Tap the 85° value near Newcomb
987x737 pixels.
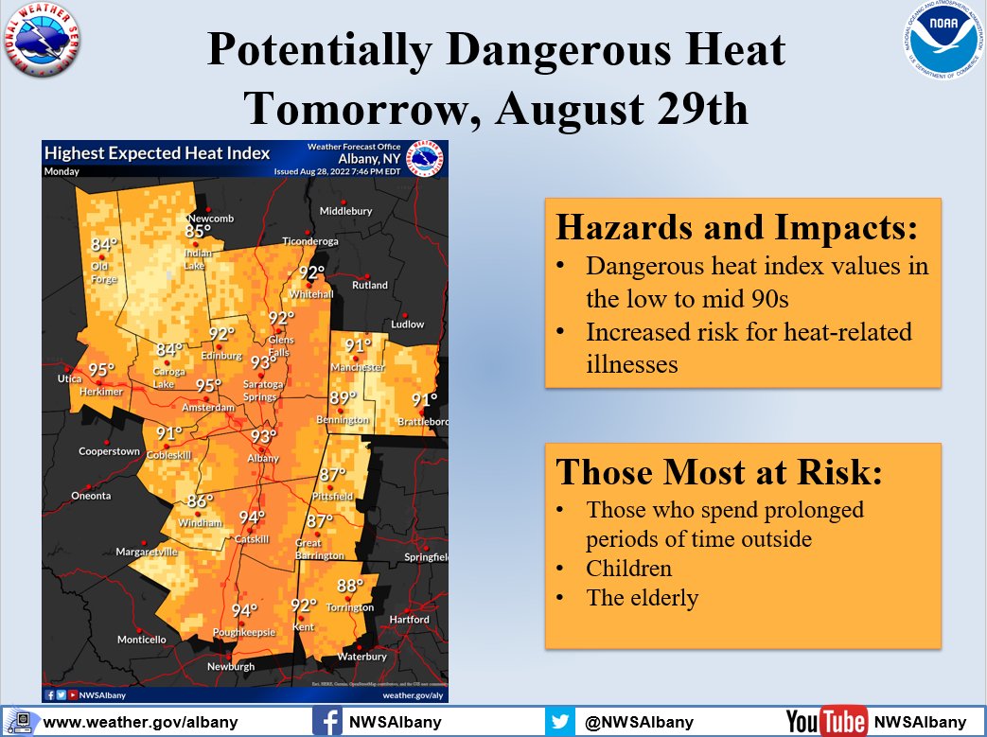pyautogui.click(x=198, y=232)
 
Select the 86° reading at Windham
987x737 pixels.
pyautogui.click(x=200, y=501)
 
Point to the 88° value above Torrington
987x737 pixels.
pyautogui.click(x=350, y=586)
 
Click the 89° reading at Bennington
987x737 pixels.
pyautogui.click(x=343, y=397)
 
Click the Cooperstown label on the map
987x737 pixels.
pyautogui.click(x=108, y=452)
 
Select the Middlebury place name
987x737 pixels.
pyautogui.click(x=345, y=211)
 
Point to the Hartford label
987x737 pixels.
pyautogui.click(x=409, y=620)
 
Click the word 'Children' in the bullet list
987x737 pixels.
pyautogui.click(x=628, y=568)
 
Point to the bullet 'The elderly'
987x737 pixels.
pyautogui.click(x=642, y=598)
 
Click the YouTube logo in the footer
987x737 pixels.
pyautogui.click(x=825, y=722)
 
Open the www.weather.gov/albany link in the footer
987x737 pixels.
pyautogui.click(x=140, y=722)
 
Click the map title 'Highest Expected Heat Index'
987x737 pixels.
pyautogui.click(x=157, y=153)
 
